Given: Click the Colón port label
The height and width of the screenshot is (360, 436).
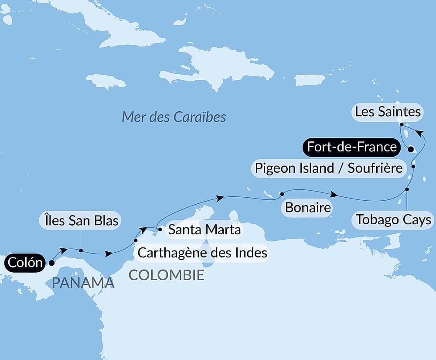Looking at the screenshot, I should coord(25,263).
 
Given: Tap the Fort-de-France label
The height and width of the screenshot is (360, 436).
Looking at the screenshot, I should coord(351,147).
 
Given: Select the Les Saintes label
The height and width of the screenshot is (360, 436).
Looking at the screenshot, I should coord(388,112).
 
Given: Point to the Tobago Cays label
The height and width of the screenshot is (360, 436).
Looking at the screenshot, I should coord(393,219).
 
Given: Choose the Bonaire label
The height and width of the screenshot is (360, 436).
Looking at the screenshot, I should coord(307,207).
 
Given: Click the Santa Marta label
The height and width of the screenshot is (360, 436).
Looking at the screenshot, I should coord(204,229).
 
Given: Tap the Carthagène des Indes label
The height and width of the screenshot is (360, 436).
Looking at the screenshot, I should coord(202,252).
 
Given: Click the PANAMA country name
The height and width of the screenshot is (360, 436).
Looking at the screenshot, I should coord(83,283).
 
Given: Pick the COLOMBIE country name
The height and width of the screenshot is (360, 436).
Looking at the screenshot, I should coord(166,275).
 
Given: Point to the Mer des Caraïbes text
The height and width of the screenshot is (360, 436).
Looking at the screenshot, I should coord(174,117).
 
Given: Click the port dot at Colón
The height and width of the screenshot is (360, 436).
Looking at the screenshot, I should coord(51,263).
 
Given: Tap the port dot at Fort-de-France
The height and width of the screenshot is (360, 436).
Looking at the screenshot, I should coord(410,149).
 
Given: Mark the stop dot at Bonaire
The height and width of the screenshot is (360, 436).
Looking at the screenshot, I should coord(282,194).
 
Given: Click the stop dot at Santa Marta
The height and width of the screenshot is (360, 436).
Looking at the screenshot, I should coord(160,229).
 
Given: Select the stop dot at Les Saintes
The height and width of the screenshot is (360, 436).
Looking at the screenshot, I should coord(401,124).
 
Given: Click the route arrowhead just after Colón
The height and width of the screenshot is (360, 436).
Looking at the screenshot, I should coord(64,250).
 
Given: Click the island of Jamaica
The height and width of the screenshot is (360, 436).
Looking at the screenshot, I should coord(106,81).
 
